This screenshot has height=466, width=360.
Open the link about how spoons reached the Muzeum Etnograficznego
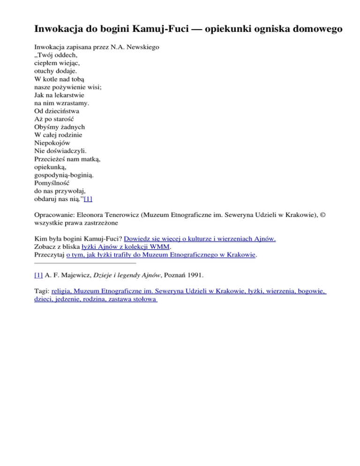(x=161, y=255)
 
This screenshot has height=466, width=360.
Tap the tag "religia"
(x=62, y=291)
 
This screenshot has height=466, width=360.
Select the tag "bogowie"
(x=311, y=291)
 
